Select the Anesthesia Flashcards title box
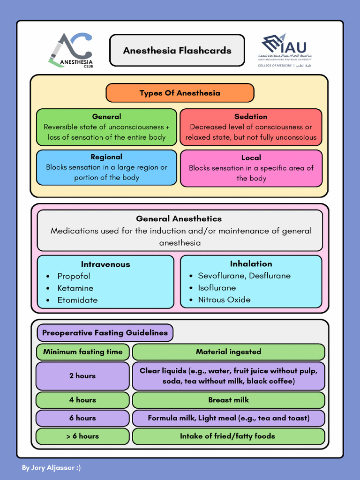pos(177,51)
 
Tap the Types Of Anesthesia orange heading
pos(180,93)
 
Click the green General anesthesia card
pos(106,127)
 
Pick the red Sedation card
pos(251,127)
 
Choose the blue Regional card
pos(106,167)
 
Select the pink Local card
pos(251,168)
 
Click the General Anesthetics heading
pos(179,219)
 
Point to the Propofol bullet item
pos(74,276)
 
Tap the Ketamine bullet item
pos(75,288)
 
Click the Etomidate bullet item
pos(77,300)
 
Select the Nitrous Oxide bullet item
pos(224,300)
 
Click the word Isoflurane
pos(217,288)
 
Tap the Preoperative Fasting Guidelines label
pos(105,333)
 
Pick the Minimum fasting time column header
pos(82,352)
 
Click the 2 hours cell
pos(82,376)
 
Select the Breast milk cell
pos(228,400)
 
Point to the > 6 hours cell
pos(82,436)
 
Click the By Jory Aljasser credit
pos(51,467)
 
